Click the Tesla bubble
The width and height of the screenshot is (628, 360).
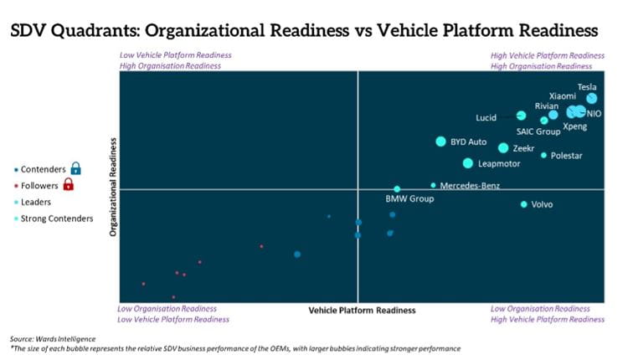(592, 99)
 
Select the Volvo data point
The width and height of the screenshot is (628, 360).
(524, 204)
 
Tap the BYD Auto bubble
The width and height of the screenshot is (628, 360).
(440, 141)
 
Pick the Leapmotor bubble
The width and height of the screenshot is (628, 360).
(467, 163)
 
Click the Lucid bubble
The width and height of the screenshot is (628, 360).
(521, 116)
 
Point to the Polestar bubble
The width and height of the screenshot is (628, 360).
(543, 156)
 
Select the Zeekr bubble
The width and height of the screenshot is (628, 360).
(503, 148)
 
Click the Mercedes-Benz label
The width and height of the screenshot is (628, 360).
(470, 185)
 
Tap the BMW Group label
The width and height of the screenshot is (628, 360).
(409, 199)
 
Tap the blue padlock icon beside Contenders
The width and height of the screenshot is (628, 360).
(76, 168)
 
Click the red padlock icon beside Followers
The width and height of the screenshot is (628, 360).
(69, 185)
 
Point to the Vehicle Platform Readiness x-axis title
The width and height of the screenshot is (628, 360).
(362, 311)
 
